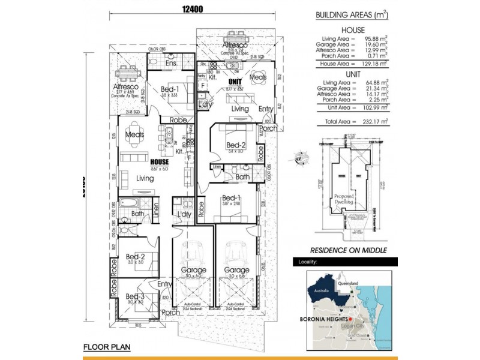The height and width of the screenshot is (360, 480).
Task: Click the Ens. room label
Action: tap(170, 63)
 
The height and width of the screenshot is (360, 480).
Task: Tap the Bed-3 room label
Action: tap(134, 296)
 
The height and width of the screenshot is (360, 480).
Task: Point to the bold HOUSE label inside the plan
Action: tap(159, 162)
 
